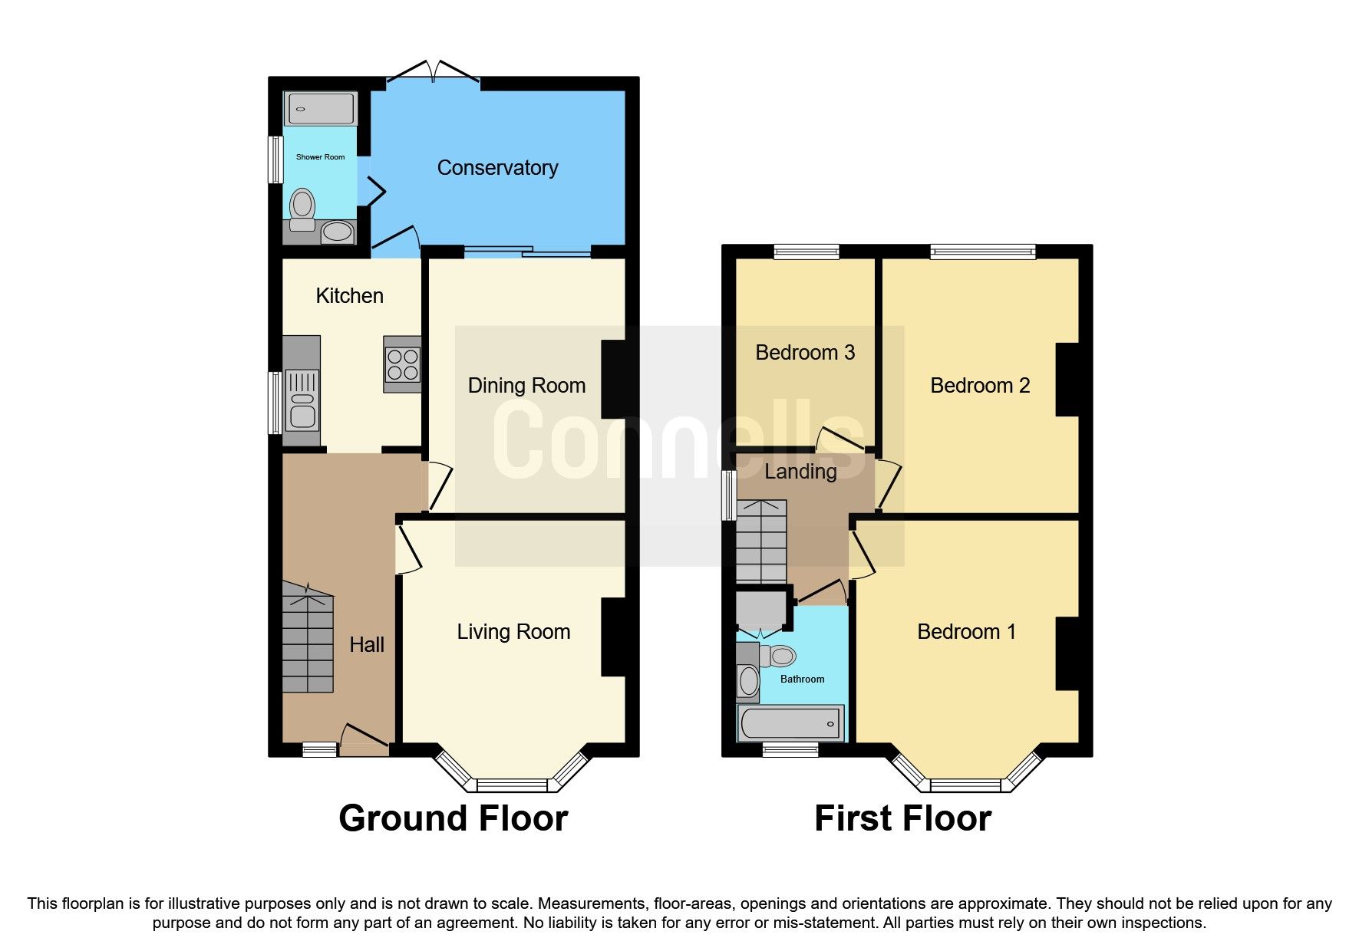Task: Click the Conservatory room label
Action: (497, 168)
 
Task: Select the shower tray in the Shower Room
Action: (320, 109)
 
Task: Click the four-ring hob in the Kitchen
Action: (403, 364)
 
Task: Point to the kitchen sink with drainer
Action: (302, 400)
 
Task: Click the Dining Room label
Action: (526, 386)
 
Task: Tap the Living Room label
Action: (513, 632)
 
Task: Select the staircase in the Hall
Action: (308, 640)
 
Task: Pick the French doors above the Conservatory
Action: (434, 74)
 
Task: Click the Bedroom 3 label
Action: (805, 353)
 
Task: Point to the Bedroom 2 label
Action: (980, 386)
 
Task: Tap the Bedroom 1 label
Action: (966, 632)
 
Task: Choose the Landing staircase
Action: (761, 541)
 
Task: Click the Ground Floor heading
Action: (453, 818)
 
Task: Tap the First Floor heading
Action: (902, 818)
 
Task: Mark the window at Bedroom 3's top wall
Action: (806, 252)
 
